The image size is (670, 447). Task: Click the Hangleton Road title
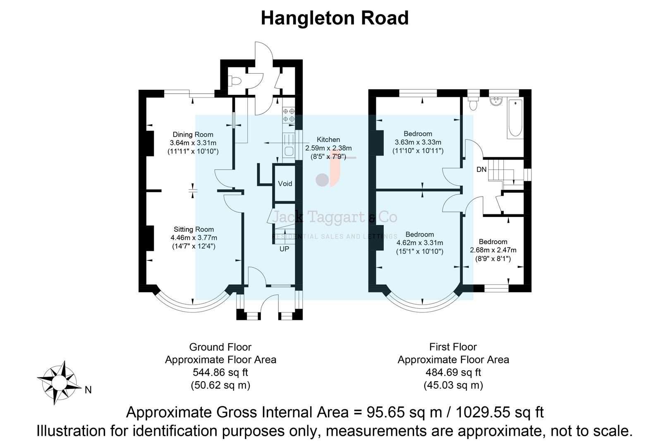tap(335, 18)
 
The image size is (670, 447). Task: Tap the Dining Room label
tap(193, 134)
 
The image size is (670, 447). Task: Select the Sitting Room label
tap(194, 229)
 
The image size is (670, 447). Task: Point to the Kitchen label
tap(328, 139)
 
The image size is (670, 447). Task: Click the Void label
tap(285, 183)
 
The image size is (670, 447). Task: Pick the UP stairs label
tap(284, 249)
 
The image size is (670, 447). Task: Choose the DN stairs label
tap(481, 169)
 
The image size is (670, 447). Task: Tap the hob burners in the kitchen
tap(289, 115)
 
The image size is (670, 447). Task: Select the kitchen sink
tap(289, 151)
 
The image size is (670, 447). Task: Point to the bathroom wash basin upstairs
tap(495, 102)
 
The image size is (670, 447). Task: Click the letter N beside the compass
tap(88, 390)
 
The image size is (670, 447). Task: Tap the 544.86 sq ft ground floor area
tap(220, 372)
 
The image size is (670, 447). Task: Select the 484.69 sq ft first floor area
tap(453, 372)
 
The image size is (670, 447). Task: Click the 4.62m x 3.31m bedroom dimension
tap(420, 243)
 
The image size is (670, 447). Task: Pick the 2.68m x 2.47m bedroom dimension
tap(493, 250)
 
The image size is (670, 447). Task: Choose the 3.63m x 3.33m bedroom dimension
tap(418, 142)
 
